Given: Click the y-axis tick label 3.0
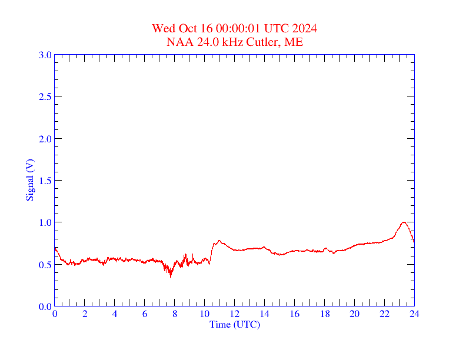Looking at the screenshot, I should coord(45,55).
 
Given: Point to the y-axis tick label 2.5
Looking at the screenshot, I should coord(45,96).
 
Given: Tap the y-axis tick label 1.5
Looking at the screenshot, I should coord(45,181).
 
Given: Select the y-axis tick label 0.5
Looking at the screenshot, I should coord(45,265).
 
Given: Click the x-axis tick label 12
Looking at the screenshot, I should coord(235,314).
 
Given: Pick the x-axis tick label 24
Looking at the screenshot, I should coord(414,314).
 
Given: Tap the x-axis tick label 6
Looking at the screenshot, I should coord(145,314).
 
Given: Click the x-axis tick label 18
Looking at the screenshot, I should coord(324,314).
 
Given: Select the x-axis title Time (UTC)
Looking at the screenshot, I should coord(235,324).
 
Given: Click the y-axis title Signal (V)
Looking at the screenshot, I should coord(29,180).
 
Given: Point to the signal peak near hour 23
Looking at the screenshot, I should coord(404,222).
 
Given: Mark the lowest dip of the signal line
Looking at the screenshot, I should coord(171,276).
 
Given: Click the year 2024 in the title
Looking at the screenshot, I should coord(306,28).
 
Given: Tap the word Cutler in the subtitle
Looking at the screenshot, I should coord(267,42).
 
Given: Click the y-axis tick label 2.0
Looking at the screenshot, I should coord(45,139).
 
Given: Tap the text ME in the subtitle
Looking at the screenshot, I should coord(294,42).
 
